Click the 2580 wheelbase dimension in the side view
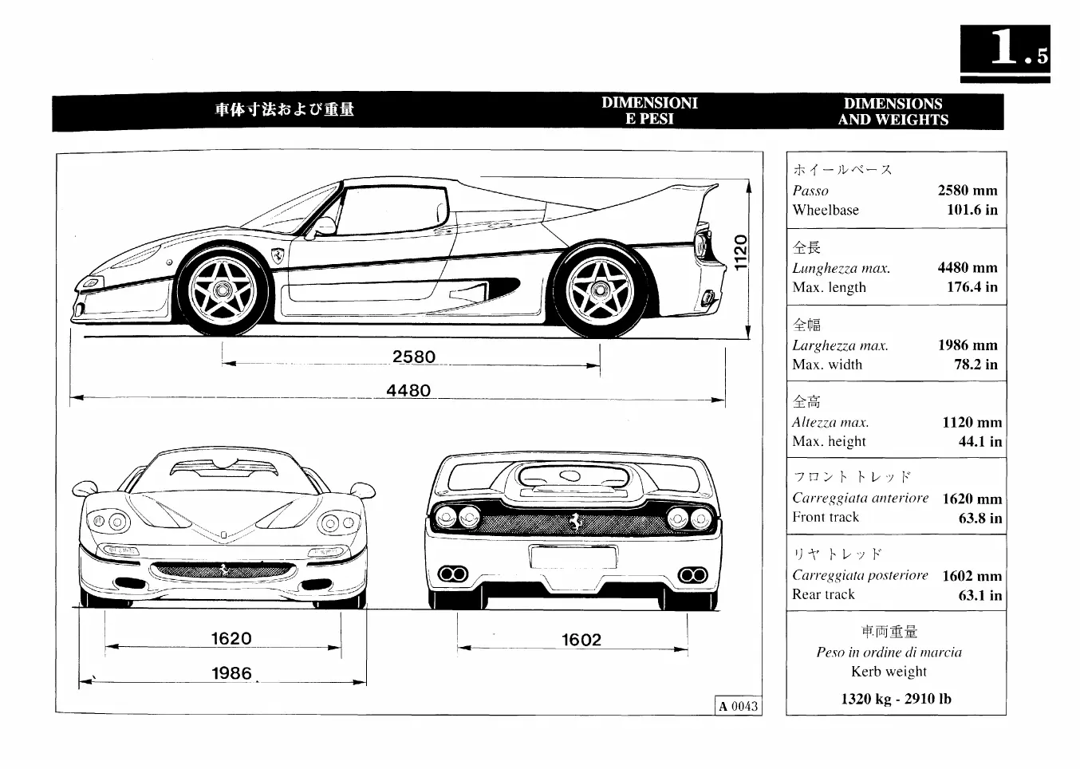point(414,357)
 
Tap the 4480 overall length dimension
point(408,390)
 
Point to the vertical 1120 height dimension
point(739,252)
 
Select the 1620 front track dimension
point(231,638)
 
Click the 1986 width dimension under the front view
point(231,673)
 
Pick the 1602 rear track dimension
point(581,640)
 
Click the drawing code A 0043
point(738,706)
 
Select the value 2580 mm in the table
point(968,191)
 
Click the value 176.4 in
point(972,287)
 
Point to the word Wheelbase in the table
point(826,211)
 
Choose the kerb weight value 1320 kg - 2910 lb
point(896,699)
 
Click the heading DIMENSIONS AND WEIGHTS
point(893,112)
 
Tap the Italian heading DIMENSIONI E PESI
point(649,111)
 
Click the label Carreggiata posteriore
point(860,575)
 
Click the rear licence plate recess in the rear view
point(562,557)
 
